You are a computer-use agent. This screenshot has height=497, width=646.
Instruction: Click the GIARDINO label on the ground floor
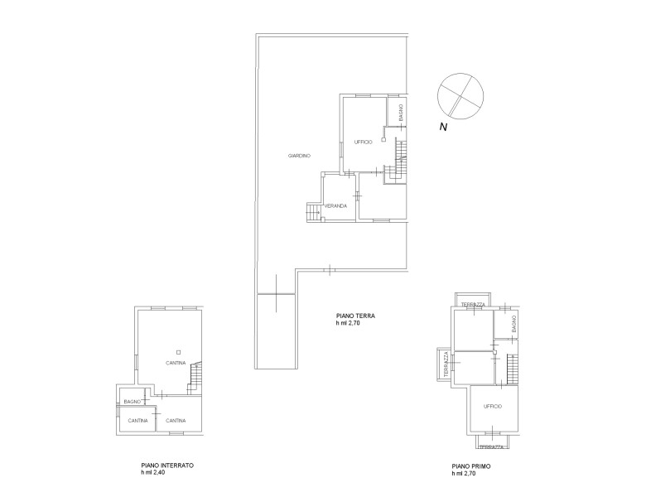tap(299, 156)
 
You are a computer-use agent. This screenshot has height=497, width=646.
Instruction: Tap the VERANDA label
tap(335, 206)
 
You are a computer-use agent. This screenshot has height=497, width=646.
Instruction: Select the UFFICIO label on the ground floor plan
tap(364, 142)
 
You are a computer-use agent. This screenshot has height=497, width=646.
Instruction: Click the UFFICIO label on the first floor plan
tap(493, 407)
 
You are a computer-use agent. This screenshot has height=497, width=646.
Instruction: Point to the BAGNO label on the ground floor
tap(401, 113)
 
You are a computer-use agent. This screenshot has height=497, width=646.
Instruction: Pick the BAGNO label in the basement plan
tap(133, 402)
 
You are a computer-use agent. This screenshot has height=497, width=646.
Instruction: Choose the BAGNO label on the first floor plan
tap(513, 324)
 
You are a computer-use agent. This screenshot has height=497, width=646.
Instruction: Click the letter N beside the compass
tap(443, 127)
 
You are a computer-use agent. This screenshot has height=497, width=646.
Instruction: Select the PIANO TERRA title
tap(355, 316)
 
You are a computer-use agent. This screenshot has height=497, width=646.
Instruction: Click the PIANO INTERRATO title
tap(167, 466)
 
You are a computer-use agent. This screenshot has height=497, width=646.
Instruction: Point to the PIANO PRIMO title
tap(471, 466)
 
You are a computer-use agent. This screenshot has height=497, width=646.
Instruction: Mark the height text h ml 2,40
tap(153, 473)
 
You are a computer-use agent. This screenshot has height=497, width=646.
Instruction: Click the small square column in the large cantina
tap(178, 352)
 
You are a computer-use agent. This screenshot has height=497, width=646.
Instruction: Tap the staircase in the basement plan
tap(195, 378)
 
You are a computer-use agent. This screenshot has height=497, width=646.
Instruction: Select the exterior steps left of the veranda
tap(313, 212)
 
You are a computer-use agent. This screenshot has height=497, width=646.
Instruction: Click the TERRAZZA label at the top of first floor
tap(473, 305)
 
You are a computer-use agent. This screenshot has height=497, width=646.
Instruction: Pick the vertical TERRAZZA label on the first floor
tap(446, 364)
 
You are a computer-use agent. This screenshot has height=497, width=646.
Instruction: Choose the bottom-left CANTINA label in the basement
tap(137, 421)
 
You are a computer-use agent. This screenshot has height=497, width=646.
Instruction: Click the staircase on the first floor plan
tap(512, 369)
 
